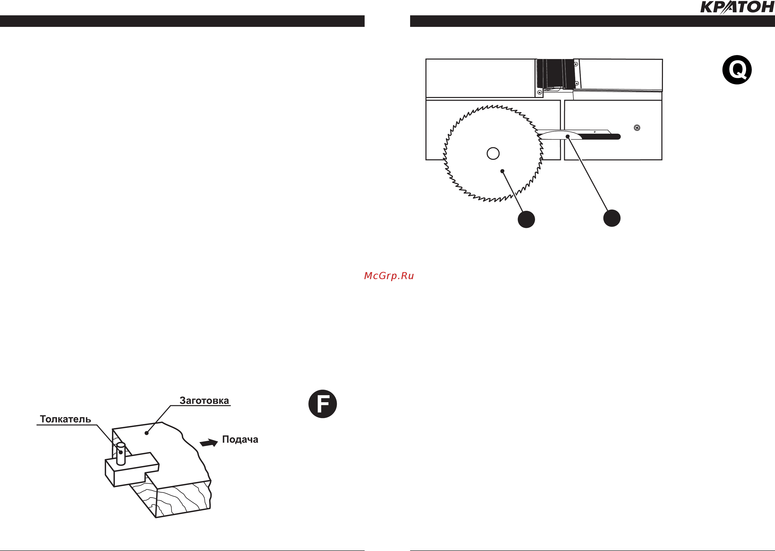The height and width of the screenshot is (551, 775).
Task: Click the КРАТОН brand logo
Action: point(737,7)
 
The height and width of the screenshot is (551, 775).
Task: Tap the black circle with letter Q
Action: point(737,70)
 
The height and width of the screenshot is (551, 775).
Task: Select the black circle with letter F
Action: point(322,404)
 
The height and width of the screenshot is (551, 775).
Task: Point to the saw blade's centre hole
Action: point(493,153)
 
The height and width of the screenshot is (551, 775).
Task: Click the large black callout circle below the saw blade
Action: point(526,219)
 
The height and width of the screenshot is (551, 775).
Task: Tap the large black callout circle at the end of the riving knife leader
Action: point(612,218)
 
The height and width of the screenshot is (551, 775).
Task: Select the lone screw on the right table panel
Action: point(637,128)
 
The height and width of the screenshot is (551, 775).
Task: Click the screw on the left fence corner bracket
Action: point(540,92)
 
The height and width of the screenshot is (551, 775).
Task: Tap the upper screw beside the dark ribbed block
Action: point(576,64)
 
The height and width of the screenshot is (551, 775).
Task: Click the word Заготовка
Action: point(204,401)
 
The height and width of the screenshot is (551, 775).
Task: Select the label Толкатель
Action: point(66,419)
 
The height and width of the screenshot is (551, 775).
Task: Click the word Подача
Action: point(240,440)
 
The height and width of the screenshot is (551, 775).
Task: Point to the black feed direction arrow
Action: point(209,443)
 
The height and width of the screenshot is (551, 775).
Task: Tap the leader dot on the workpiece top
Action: point(147,433)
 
